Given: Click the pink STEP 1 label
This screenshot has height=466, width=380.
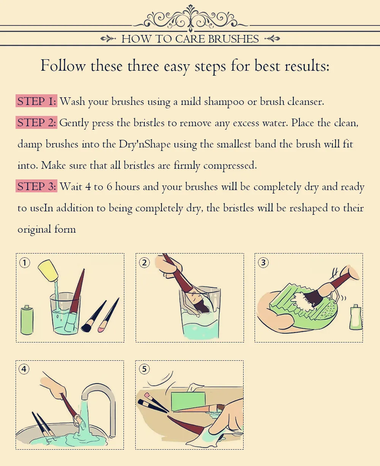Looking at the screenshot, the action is click(x=36, y=101).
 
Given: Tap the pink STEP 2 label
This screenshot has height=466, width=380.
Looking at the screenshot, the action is click(x=36, y=122).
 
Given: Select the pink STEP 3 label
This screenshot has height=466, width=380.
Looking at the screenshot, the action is click(x=36, y=186).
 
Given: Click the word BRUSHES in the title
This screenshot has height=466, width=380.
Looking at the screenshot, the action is click(x=233, y=39).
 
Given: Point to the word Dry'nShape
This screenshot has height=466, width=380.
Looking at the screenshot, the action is click(x=145, y=144).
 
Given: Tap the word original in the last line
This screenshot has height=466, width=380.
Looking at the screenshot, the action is click(x=35, y=230).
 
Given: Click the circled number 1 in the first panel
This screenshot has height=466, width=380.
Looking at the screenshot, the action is click(x=25, y=263).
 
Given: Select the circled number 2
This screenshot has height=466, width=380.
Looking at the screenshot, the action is click(x=144, y=263).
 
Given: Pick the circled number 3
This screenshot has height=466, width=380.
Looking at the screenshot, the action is click(x=263, y=263).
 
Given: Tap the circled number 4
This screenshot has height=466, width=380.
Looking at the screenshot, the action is click(x=24, y=369).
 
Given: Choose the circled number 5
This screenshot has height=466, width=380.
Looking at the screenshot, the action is click(x=144, y=369).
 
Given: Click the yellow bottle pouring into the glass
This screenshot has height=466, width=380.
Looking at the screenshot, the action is click(x=48, y=271).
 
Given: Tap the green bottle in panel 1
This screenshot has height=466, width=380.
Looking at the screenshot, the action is click(x=27, y=320).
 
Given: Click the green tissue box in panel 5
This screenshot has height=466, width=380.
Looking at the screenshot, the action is click(x=188, y=400).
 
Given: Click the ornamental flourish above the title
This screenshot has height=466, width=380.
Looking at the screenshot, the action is click(x=190, y=18).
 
